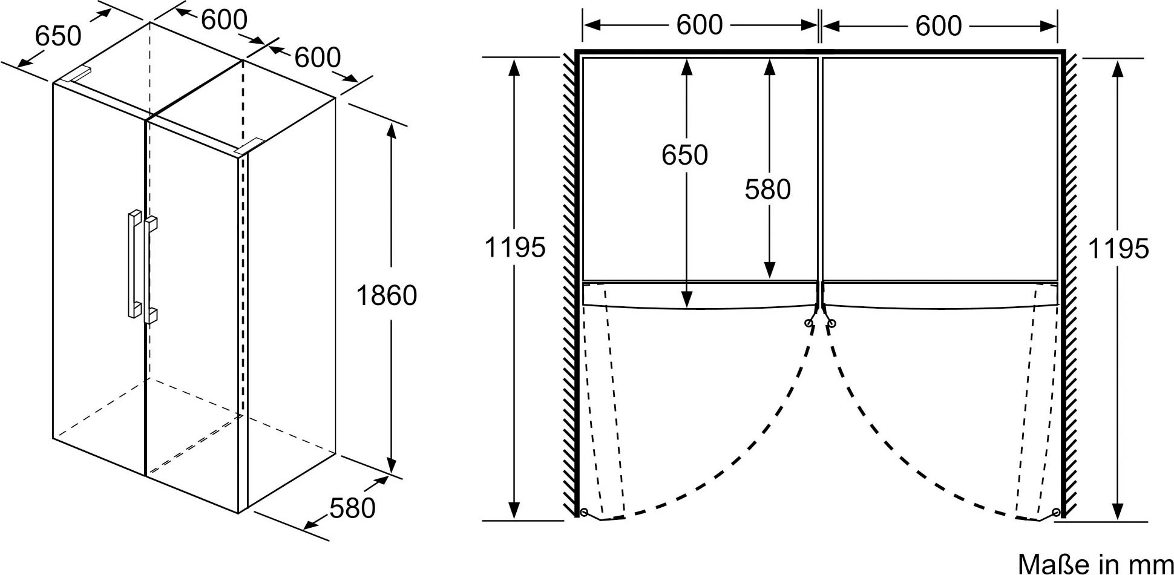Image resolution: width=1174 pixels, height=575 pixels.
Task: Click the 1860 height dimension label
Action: click(x=387, y=296)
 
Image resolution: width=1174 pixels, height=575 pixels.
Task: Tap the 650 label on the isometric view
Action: click(x=58, y=36)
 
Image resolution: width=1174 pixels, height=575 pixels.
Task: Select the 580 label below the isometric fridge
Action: click(x=353, y=508)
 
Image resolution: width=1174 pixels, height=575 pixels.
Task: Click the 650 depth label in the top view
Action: click(x=684, y=155)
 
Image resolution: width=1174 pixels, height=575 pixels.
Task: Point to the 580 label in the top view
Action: click(x=767, y=189)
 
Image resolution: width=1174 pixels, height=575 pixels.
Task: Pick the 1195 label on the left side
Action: click(x=515, y=247)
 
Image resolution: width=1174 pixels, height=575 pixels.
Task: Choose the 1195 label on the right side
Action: click(x=1118, y=248)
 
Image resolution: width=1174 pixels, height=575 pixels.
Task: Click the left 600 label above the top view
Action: click(x=700, y=25)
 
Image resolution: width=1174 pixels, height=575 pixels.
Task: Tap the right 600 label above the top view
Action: click(x=939, y=25)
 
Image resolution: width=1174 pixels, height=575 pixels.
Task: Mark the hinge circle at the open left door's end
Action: click(x=583, y=513)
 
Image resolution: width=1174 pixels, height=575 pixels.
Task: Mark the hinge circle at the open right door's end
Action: click(x=1057, y=513)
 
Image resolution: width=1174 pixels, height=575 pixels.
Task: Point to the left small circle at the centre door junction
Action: click(x=809, y=324)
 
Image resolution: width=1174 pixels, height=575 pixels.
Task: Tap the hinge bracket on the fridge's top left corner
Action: click(x=77, y=74)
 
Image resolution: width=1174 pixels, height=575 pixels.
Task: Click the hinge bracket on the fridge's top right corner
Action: click(x=249, y=146)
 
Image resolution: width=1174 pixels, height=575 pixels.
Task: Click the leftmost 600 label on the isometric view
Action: click(x=224, y=20)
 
